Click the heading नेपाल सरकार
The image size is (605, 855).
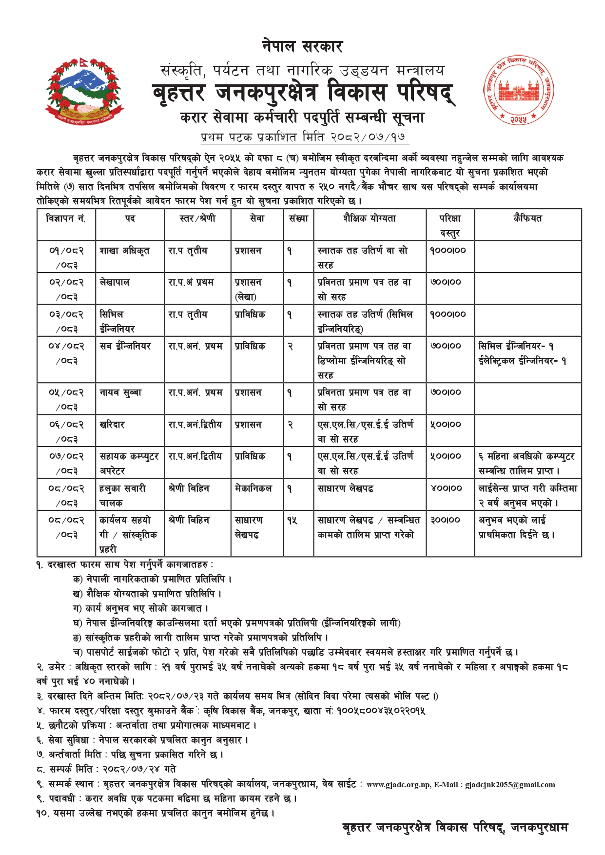(x=302, y=47)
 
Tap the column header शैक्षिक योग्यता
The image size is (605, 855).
(x=370, y=219)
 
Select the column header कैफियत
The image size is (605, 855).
(x=527, y=219)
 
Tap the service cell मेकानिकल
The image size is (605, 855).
(x=253, y=488)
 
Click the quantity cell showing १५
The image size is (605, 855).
(x=292, y=521)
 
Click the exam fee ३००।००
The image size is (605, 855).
(x=446, y=521)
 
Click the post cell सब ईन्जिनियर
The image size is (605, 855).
(x=125, y=347)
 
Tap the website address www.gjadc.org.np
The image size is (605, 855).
(x=398, y=785)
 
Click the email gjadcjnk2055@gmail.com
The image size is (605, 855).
(x=510, y=785)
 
